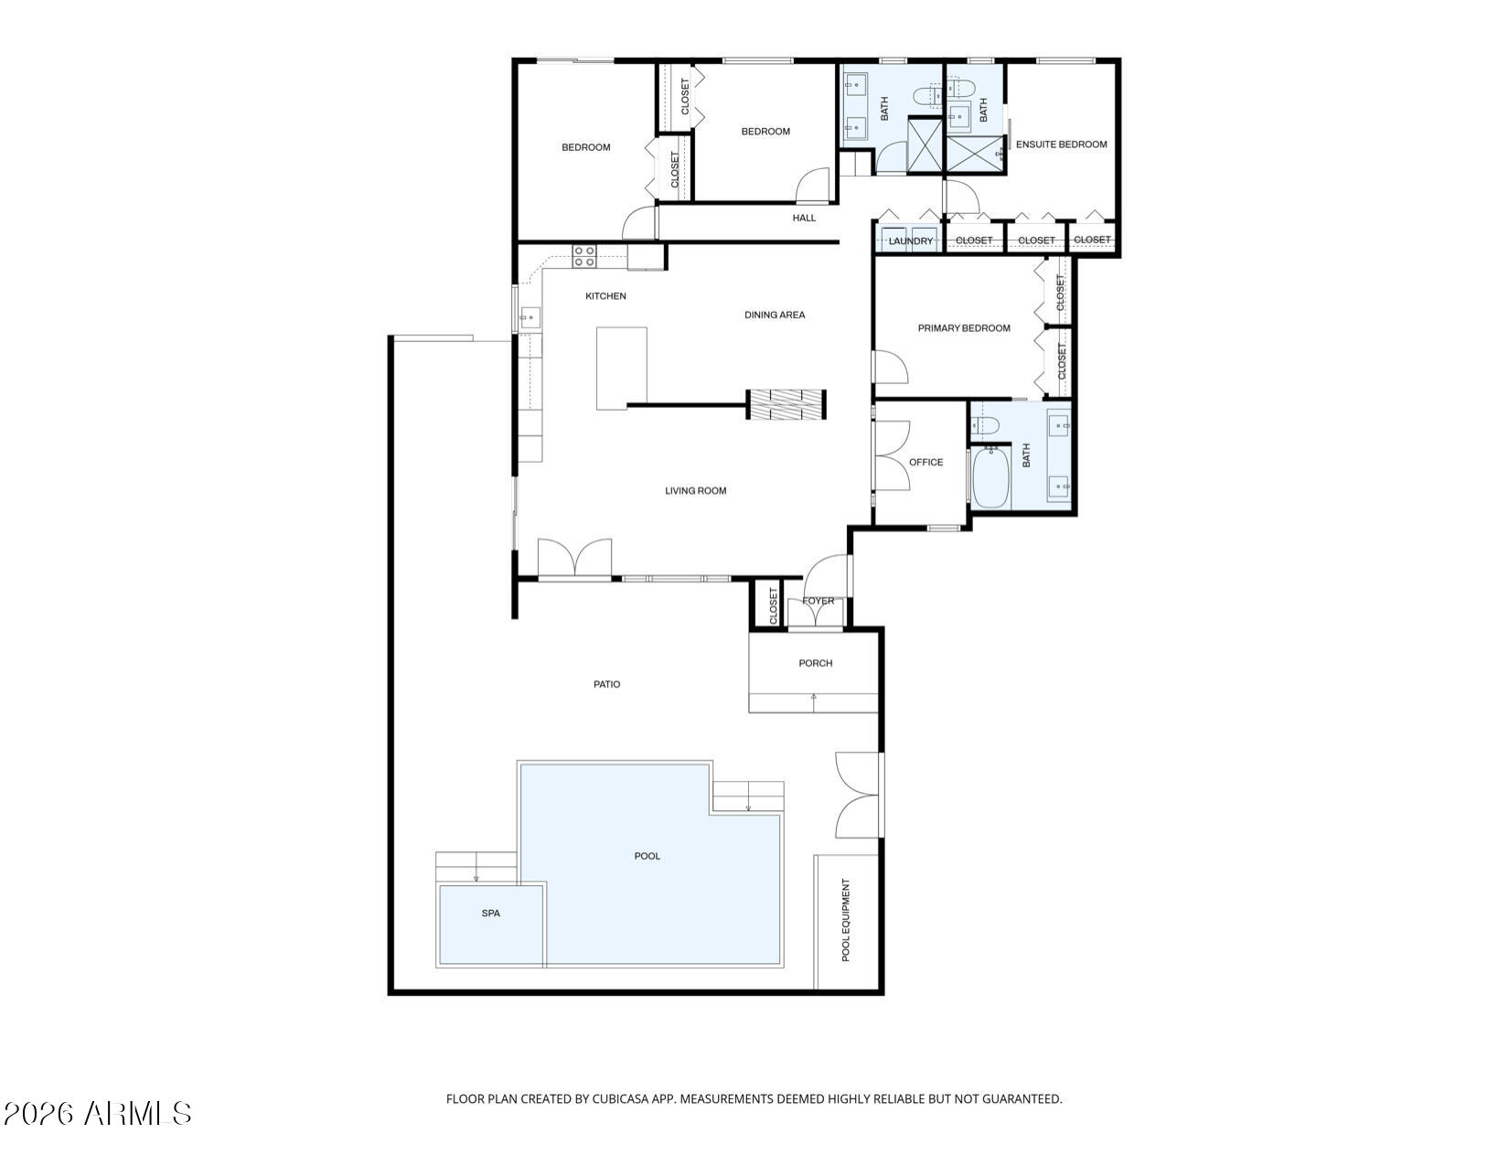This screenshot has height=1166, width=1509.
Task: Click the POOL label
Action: coord(647,856)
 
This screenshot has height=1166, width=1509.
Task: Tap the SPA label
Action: coord(491,913)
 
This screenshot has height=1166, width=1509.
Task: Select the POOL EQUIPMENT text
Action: coord(846,920)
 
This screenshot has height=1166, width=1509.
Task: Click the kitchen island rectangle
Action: coord(622,369)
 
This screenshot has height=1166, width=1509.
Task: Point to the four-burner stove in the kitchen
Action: coord(585,256)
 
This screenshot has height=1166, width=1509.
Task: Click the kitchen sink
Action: coord(530,318)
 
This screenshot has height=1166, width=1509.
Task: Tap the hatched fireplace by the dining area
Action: coord(787,404)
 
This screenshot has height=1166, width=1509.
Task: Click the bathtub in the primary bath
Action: coord(990,476)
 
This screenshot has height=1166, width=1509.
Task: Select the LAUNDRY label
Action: coord(911,241)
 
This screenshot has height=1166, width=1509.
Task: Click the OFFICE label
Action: coord(926,462)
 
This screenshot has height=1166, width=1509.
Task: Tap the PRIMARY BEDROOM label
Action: coord(964,328)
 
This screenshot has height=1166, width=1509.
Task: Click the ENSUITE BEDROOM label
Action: coord(1061,144)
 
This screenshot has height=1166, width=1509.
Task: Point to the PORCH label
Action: coord(815,663)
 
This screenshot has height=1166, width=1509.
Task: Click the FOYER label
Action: coord(818,601)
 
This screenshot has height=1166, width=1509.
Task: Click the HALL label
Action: coord(804,218)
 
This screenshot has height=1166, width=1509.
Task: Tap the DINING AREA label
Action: coord(774,315)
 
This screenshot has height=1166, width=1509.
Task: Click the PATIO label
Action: coord(606,684)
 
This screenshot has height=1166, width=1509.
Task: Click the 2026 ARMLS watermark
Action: coord(97,1113)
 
